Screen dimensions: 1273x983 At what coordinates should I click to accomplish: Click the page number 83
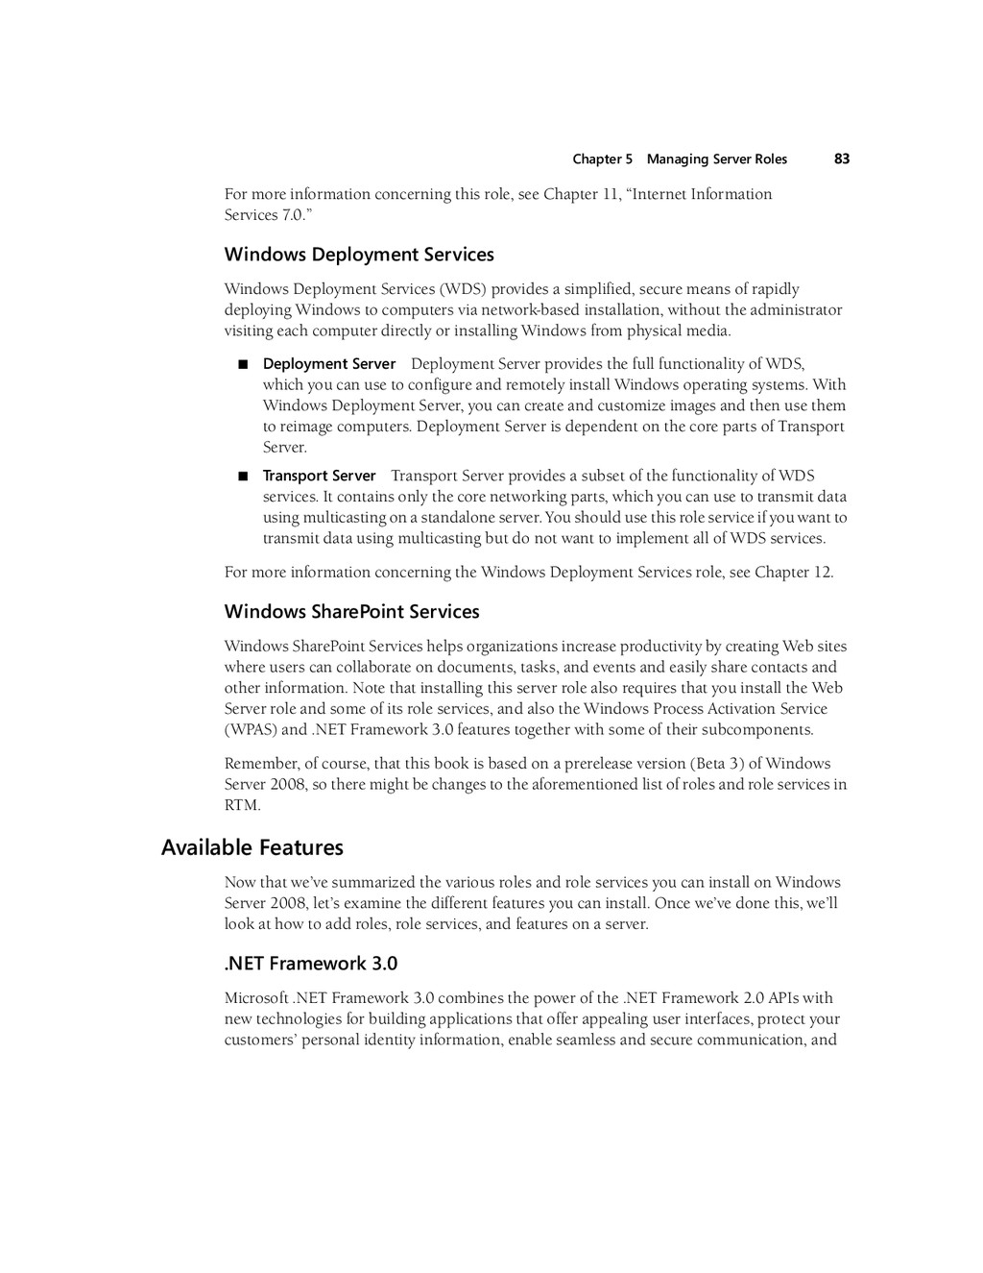[x=842, y=159]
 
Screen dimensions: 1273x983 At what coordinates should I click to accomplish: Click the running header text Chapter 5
[x=602, y=159]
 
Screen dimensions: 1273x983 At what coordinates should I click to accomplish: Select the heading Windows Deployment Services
[x=359, y=255]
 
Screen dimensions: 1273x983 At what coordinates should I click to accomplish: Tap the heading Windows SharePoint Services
[x=351, y=612]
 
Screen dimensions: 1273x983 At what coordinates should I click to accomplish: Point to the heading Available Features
[x=252, y=847]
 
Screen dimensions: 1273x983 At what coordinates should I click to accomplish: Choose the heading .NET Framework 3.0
[x=310, y=964]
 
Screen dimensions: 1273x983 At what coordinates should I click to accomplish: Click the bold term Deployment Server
[x=329, y=364]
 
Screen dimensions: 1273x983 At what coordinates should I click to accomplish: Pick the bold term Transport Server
[x=320, y=476]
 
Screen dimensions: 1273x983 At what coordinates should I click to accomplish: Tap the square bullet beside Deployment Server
[x=242, y=364]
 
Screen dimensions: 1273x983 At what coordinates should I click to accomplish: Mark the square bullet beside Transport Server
[x=242, y=476]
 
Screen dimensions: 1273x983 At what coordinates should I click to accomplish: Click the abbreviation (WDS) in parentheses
[x=463, y=289]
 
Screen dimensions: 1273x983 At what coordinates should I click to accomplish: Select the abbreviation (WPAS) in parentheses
[x=252, y=729]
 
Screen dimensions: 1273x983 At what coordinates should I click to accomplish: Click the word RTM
[x=242, y=805]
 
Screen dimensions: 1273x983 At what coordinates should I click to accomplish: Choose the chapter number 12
[x=823, y=573]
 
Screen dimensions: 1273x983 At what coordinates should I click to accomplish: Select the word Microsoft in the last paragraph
[x=256, y=998]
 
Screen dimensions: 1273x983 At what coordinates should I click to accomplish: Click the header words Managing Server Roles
[x=716, y=159]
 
